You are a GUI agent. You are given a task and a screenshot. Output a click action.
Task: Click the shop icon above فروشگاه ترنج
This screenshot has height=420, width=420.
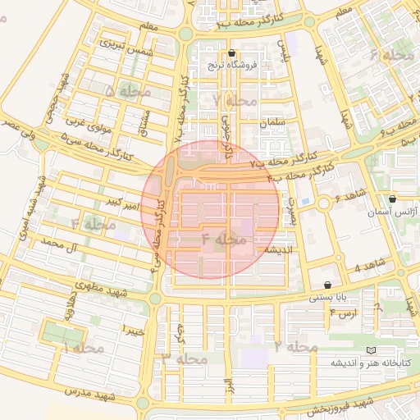point(231,52)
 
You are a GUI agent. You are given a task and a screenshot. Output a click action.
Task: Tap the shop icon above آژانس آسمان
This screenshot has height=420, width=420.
point(393,199)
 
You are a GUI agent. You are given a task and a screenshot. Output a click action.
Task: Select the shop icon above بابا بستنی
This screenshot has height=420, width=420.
point(328,285)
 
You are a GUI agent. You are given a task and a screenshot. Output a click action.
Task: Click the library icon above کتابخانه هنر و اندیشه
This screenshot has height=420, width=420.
point(371,350)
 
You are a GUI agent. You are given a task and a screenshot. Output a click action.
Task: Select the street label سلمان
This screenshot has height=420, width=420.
point(276,123)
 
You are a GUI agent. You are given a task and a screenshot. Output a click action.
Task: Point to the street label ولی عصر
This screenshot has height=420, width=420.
point(22,129)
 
